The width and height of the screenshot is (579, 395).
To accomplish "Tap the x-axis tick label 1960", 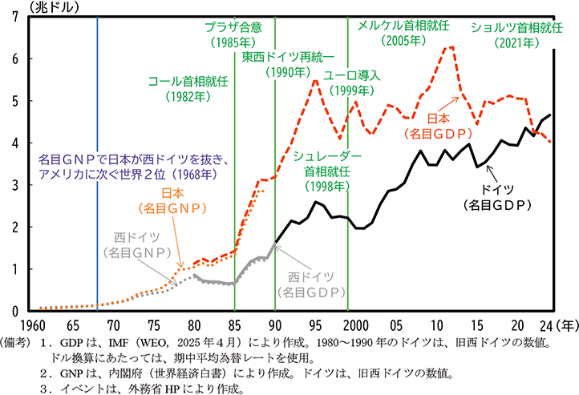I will (x=33, y=326).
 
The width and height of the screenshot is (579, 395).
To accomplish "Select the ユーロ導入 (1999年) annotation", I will (x=351, y=83).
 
